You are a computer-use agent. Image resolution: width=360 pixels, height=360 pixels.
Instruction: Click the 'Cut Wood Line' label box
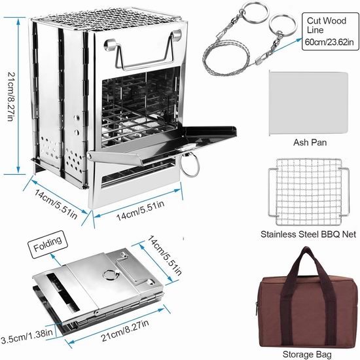[330, 31]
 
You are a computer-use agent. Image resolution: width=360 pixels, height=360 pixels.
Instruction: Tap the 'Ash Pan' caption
[310, 142]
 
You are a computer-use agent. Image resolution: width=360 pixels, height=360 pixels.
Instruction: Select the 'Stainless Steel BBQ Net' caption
[308, 234]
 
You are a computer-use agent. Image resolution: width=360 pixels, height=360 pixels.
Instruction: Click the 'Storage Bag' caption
[307, 354]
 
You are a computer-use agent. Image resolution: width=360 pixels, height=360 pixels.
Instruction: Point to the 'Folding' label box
[48, 245]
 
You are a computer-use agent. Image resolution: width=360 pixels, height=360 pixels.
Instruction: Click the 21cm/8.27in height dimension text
[12, 97]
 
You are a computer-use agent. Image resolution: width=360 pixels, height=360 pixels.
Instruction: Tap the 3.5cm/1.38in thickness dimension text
[27, 336]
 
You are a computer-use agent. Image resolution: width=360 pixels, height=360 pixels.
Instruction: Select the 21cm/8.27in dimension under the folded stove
[125, 330]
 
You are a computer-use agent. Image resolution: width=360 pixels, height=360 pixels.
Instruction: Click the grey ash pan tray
[308, 103]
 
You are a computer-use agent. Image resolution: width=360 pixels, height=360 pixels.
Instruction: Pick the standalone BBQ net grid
[309, 192]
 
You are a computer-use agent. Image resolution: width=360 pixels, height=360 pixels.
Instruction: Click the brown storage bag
[307, 298]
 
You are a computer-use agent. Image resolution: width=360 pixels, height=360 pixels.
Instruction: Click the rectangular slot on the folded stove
[63, 293]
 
